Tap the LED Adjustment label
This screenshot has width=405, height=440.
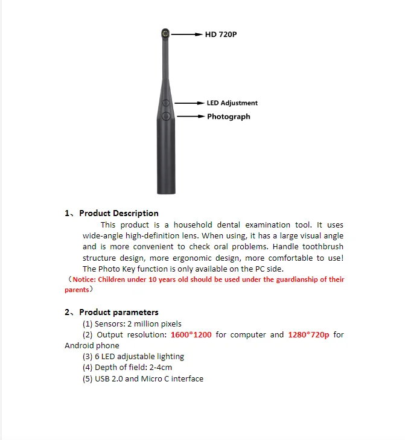[x=232, y=103]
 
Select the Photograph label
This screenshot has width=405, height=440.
[x=228, y=116]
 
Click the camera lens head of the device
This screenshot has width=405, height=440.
[x=164, y=34]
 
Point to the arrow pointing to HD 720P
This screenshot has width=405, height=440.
[x=188, y=35]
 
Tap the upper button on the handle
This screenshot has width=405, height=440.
[x=166, y=103]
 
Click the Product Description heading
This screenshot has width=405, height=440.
[x=118, y=213]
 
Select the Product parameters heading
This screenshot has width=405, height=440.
[x=118, y=312]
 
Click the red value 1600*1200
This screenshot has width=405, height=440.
[x=191, y=334]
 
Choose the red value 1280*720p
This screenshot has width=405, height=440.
[x=308, y=334]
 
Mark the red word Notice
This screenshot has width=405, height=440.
[x=84, y=279]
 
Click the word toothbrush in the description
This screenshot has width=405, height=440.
[x=324, y=246]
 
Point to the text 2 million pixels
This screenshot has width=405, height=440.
[x=154, y=324]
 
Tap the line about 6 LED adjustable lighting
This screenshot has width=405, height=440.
[x=133, y=356]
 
